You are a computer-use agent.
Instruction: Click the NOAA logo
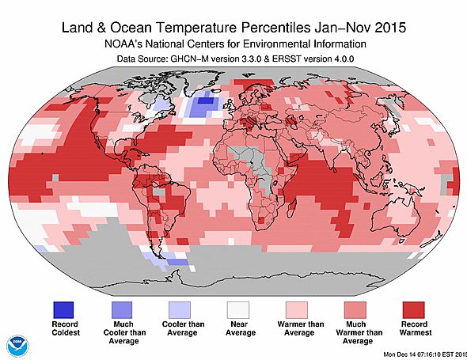17,345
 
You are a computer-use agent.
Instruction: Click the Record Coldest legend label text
65,331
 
